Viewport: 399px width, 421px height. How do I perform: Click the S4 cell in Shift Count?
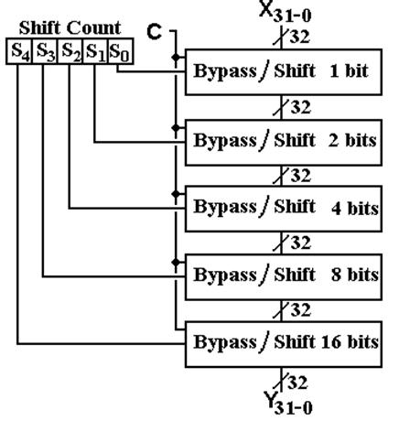19,51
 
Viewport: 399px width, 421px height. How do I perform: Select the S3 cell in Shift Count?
45,51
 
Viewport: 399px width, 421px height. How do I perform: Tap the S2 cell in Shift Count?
70,51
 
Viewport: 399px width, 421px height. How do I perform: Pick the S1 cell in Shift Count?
95,51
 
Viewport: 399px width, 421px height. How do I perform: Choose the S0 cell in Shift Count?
121,51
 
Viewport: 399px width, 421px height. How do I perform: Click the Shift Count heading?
70,28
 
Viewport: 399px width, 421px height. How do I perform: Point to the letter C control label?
154,32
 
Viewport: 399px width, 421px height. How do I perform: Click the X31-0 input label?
286,12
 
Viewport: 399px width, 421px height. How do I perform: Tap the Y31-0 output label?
288,404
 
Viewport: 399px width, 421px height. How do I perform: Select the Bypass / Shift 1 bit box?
284,72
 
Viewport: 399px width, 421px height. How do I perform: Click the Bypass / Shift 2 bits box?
284,143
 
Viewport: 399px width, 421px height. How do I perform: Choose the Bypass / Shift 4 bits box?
284,209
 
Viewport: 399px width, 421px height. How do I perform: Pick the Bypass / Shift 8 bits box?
284,276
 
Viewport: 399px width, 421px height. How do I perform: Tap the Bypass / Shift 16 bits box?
284,344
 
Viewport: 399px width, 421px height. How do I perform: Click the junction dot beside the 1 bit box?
176,57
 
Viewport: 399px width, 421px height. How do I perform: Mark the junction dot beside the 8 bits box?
176,262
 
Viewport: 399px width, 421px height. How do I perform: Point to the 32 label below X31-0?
299,37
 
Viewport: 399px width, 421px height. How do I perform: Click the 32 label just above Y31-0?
297,383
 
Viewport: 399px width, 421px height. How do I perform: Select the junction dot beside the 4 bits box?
176,194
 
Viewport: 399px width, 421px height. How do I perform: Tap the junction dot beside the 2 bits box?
176,127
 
